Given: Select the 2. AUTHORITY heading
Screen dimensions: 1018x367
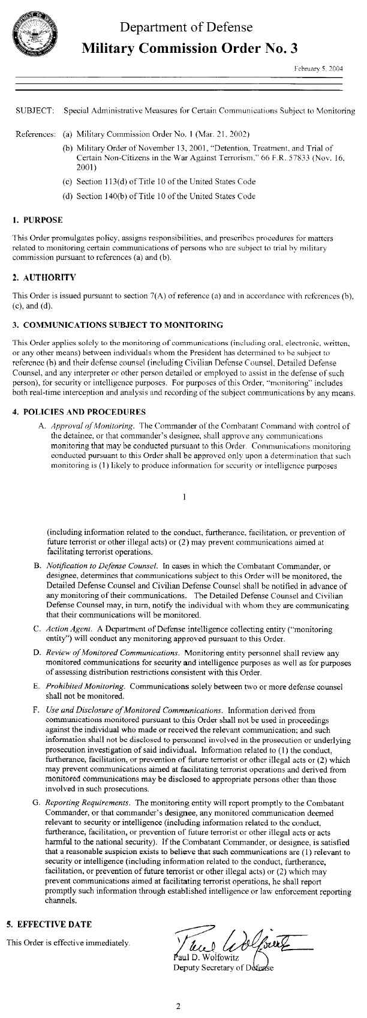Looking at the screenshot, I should coord(44,277).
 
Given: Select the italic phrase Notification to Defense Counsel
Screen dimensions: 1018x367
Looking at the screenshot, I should coord(102,565).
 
